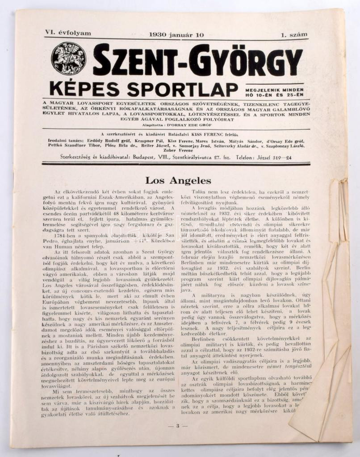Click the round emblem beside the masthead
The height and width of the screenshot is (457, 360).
(x=68, y=58)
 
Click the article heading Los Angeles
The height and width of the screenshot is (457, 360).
(x=178, y=181)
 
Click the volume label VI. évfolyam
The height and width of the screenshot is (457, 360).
(x=68, y=33)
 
